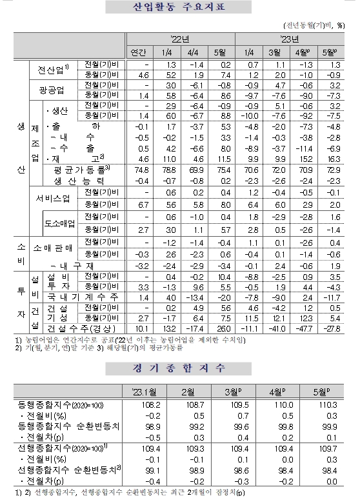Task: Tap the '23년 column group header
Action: [x=288, y=37]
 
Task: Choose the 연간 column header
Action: [x=139, y=51]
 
